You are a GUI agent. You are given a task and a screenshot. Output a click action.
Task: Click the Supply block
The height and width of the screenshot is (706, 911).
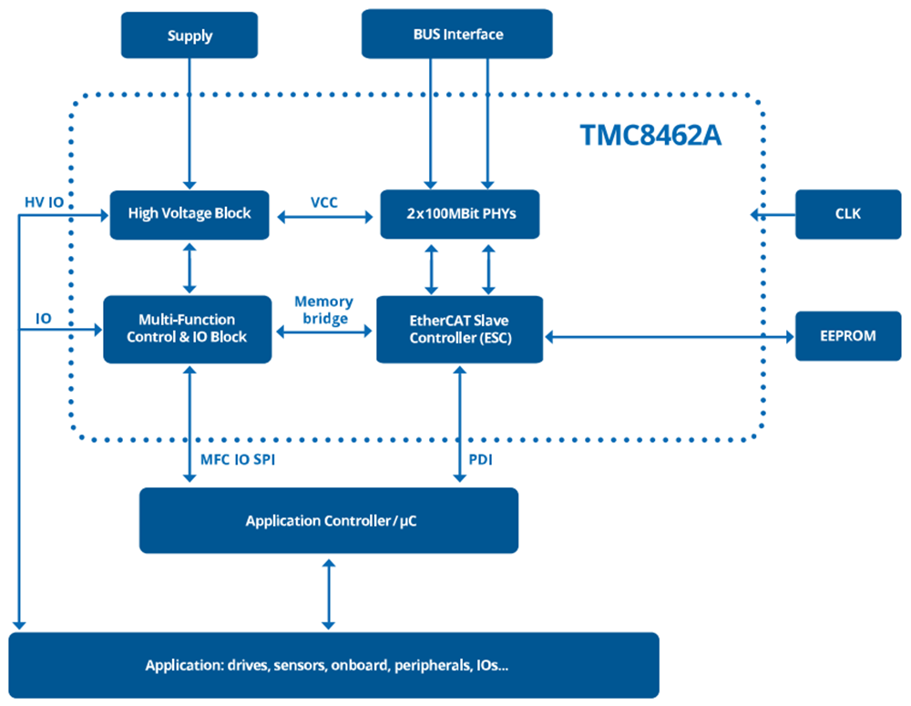coord(189,36)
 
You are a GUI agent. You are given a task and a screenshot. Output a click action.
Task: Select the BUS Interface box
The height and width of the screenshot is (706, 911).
coord(457,35)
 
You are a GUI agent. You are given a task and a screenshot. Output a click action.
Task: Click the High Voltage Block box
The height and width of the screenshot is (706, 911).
coord(189,214)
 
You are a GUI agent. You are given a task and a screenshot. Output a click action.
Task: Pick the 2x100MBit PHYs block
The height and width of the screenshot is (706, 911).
coord(459,214)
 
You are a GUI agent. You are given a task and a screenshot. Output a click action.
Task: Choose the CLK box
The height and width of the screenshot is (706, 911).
coord(847,214)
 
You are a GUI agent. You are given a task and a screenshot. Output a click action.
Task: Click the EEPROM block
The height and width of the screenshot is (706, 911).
coord(847,335)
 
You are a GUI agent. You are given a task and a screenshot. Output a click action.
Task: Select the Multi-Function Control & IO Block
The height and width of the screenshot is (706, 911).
coord(187,328)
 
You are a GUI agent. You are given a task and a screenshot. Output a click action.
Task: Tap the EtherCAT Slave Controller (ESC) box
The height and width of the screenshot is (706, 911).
coord(459,329)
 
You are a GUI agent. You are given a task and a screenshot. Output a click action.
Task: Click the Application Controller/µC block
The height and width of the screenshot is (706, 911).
coord(329,521)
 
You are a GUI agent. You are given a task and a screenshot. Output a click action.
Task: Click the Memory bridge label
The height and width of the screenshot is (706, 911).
coord(323,310)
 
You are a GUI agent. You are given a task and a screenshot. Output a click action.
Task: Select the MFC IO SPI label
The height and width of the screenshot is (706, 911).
coord(238,460)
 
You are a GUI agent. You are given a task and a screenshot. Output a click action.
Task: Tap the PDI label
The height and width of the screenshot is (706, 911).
coord(480,460)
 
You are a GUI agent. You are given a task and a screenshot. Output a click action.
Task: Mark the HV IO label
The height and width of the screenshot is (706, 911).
coord(43,202)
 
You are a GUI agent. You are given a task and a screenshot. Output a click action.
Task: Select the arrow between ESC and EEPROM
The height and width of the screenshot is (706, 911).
coord(669,336)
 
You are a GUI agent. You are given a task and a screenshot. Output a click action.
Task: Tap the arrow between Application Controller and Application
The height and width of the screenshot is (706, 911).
coord(329,593)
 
